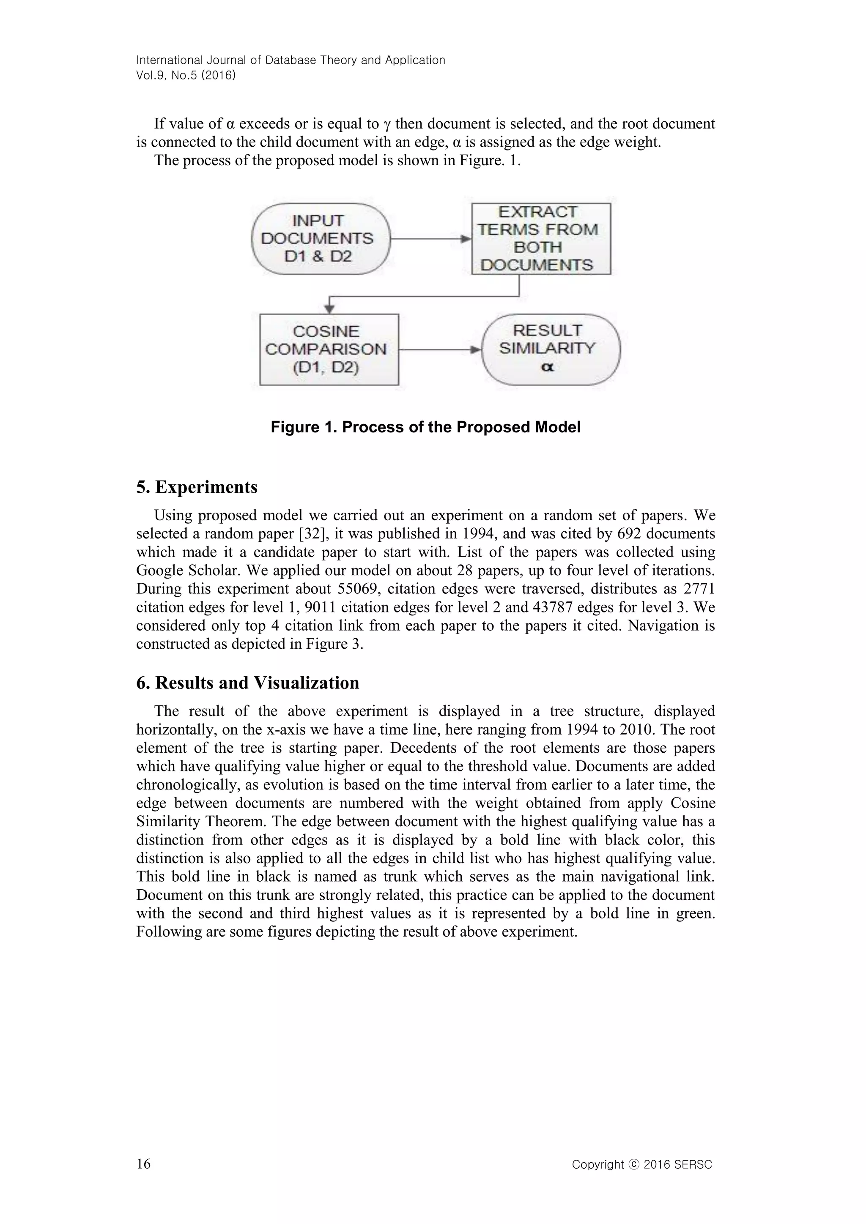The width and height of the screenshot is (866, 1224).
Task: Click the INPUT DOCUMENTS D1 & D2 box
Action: coord(321,239)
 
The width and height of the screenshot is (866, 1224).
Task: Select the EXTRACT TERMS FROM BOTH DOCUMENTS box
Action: coord(541,239)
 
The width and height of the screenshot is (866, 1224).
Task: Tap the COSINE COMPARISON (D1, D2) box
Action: coord(329,349)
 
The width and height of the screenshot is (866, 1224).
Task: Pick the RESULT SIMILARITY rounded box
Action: coord(551,349)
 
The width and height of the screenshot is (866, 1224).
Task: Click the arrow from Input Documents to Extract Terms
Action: coord(431,239)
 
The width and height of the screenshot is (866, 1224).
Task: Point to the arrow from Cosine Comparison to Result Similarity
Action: coord(440,350)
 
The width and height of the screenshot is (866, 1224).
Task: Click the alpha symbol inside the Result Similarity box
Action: coord(548,367)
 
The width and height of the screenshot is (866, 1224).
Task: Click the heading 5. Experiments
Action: coord(197,487)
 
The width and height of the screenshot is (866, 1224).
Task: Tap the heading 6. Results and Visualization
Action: coord(247,683)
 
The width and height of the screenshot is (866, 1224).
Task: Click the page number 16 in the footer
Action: coord(143,1163)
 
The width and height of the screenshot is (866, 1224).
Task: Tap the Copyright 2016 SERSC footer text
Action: coord(641,1164)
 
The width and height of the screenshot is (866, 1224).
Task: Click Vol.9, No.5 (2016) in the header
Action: coord(186,75)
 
